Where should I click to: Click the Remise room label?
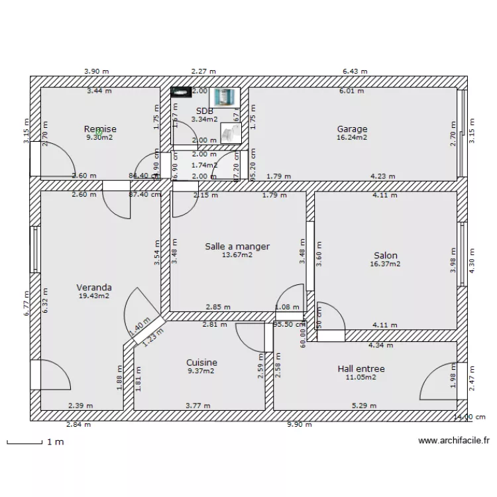(x=100, y=129)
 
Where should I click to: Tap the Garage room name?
(x=352, y=129)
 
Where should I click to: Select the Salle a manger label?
(x=237, y=246)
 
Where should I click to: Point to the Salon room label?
(x=386, y=255)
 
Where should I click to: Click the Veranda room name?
(x=93, y=288)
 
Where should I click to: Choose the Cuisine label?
(x=201, y=362)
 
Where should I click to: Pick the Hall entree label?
(x=361, y=368)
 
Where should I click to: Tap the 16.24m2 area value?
(x=352, y=138)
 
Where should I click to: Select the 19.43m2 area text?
(x=93, y=296)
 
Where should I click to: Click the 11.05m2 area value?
(x=361, y=377)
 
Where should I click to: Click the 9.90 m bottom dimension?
(x=299, y=425)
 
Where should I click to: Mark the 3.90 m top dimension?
(x=96, y=71)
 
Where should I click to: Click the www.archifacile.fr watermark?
(x=455, y=441)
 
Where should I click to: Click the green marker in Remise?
(x=99, y=133)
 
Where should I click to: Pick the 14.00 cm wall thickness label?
(x=469, y=417)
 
